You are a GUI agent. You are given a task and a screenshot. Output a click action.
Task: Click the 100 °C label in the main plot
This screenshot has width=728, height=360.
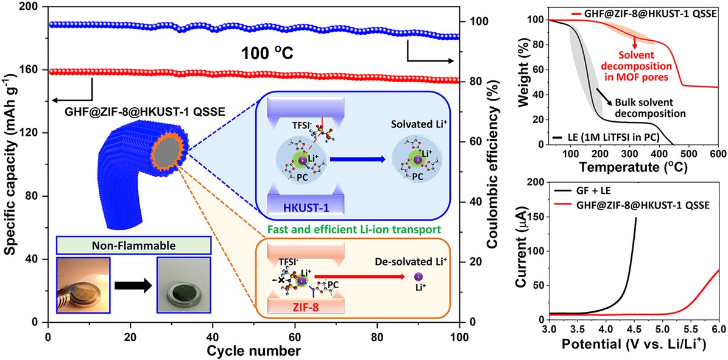pyautogui.click(x=266, y=54)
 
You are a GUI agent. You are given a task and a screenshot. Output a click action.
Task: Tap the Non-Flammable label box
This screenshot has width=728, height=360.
pyautogui.click(x=134, y=245)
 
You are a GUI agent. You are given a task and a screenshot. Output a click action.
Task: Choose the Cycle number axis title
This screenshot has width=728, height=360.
pyautogui.click(x=253, y=351)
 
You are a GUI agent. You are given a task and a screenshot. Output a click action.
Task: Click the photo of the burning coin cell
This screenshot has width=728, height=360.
pyautogui.click(x=83, y=285)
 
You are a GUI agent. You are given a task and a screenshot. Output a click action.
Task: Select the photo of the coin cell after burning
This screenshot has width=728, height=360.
pyautogui.click(x=183, y=285)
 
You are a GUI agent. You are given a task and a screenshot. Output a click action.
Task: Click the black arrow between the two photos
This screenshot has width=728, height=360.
pyautogui.click(x=133, y=285)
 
